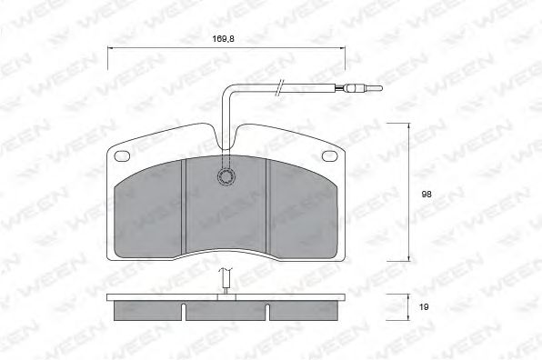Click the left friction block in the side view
(148, 311)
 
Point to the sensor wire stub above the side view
(226, 284)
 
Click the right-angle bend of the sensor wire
(227, 88)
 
